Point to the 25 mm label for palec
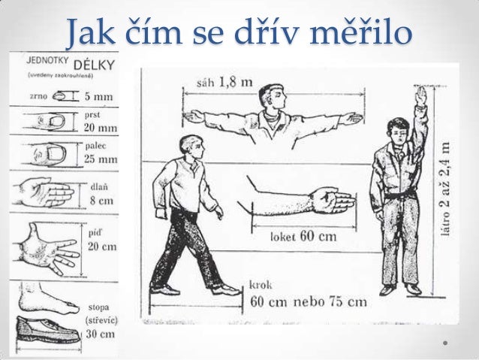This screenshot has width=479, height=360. click(99, 159)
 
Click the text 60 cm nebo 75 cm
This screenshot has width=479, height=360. click(308, 301)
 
